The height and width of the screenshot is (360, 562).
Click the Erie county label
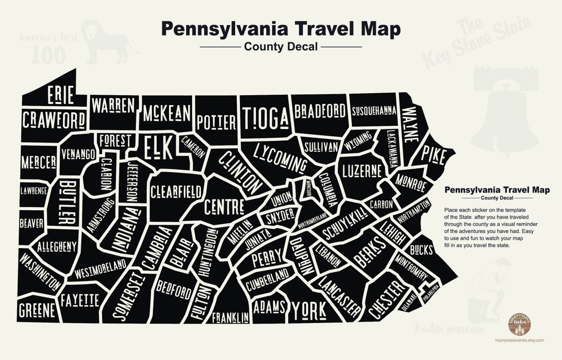(x=60, y=95)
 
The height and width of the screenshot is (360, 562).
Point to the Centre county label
(x=224, y=206)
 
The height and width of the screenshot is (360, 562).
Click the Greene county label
(x=37, y=311)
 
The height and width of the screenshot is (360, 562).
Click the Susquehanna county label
(x=374, y=111)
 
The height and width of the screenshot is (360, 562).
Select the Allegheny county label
(x=57, y=246)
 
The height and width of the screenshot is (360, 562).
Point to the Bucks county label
(x=421, y=250)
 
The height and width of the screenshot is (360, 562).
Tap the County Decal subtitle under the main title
(x=280, y=47)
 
